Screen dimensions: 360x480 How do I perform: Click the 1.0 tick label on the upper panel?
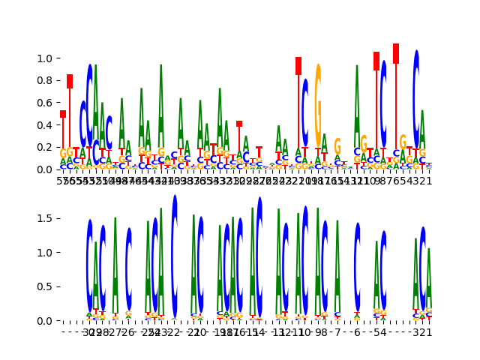pos(45,58)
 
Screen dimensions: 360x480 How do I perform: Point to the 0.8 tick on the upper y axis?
pos(45,81)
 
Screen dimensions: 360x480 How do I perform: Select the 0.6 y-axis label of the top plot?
pos(45,103)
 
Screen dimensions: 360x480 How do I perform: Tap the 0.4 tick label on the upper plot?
pos(45,125)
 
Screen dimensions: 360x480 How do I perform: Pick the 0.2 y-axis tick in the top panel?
pos(45,147)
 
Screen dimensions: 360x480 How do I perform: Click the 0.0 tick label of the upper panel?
pos(45,169)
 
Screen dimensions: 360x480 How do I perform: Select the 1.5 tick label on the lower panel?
pos(45,218)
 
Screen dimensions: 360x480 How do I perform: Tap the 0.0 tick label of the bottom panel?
pos(45,321)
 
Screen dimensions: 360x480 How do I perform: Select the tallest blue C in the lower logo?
pos(175,255)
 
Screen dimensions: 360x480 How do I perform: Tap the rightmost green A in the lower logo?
pos(429,281)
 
